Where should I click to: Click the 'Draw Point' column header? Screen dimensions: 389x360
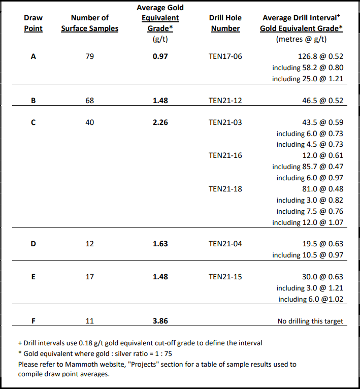point(34,23)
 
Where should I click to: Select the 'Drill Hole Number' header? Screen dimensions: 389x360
point(225,23)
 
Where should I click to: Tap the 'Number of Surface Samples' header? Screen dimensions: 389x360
point(89,23)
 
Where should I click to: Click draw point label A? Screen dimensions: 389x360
point(34,56)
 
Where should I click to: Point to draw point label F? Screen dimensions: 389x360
point(34,321)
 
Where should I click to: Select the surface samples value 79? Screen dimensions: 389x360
point(89,56)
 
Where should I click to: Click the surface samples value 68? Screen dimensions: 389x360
point(89,101)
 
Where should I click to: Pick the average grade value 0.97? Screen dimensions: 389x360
point(160,56)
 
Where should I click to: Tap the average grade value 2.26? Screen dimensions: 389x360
point(160,122)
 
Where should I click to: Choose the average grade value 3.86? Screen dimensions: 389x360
point(160,321)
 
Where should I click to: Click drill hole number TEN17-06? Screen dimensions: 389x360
point(225,56)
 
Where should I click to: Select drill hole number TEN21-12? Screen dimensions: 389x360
point(225,101)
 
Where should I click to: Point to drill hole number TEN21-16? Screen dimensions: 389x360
point(225,155)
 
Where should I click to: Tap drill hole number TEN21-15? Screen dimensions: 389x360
point(225,277)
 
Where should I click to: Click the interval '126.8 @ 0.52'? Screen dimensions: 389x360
point(322,56)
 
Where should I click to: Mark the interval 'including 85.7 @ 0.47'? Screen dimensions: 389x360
point(308,167)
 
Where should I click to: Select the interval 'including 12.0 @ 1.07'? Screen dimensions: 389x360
point(308,222)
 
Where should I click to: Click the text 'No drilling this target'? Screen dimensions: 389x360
point(310,321)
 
